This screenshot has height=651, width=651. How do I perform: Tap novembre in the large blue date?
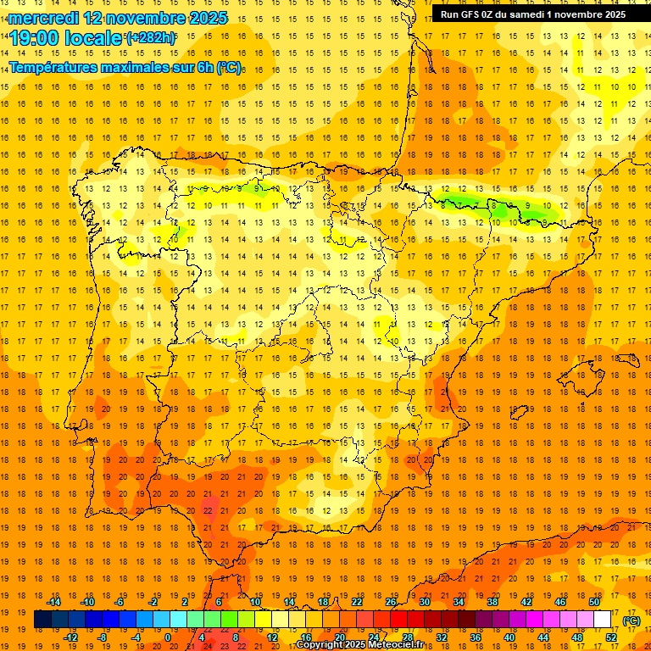(148, 18)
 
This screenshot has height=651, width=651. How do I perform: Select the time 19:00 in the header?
(35, 38)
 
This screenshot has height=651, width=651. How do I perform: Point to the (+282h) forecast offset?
(151, 38)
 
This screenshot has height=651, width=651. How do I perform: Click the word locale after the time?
(94, 38)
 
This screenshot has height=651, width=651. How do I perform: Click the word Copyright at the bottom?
(320, 645)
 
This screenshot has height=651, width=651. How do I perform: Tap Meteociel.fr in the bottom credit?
(399, 645)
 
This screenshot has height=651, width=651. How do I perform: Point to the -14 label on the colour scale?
(53, 602)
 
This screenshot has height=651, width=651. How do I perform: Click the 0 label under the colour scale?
(168, 637)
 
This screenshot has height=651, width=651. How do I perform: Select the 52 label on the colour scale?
(610, 637)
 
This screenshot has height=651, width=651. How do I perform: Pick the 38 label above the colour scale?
(492, 602)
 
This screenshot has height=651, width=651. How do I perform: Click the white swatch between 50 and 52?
(602, 620)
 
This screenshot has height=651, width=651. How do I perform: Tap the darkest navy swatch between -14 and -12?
(42, 620)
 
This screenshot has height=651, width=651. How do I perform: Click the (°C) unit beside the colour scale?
(632, 620)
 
